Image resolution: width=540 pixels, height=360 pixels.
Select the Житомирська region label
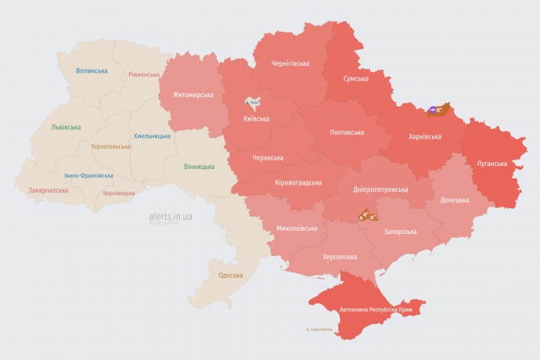188,95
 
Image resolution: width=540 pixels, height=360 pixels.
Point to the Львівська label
65,127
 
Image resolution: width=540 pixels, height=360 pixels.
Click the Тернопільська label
110,147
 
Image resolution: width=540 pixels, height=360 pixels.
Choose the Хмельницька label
152,136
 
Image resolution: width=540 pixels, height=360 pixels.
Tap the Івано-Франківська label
88,175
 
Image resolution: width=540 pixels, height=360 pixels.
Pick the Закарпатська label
48,190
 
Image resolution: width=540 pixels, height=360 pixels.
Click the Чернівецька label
119,193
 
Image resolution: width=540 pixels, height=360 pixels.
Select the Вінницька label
200,167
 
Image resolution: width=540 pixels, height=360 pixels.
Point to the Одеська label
230,275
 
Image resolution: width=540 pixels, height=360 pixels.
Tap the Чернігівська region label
290,63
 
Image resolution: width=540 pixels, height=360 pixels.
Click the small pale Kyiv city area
253,103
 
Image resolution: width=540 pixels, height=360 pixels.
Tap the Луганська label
492,164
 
